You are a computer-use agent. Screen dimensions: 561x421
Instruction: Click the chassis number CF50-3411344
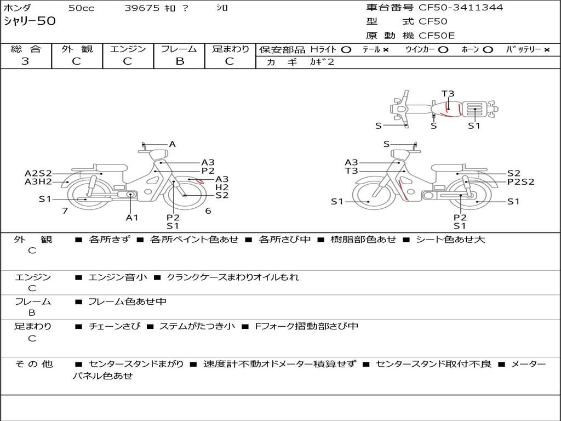point(461,8)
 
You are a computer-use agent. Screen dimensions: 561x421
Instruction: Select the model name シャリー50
point(30,21)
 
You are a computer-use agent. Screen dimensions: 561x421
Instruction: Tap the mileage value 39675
point(142,8)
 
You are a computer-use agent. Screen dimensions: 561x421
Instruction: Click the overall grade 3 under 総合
point(25,61)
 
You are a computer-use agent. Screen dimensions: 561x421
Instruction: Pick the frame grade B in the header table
point(180,61)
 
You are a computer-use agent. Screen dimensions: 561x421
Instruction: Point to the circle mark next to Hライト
point(346,50)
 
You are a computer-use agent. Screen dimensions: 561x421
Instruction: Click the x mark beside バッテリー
point(547,50)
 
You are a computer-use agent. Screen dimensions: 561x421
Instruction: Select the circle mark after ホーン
point(488,50)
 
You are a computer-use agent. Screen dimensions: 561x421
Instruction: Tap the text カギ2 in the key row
point(322,62)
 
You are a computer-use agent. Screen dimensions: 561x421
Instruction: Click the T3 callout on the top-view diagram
point(448,94)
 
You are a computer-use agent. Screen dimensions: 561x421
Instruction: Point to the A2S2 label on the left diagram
point(38,174)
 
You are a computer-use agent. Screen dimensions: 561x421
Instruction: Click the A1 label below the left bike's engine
point(131,217)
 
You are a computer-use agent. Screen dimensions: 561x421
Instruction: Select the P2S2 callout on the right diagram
point(520,182)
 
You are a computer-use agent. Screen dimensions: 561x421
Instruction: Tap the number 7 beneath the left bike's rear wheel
point(65,211)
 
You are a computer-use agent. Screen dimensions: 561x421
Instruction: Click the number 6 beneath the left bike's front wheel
point(208,211)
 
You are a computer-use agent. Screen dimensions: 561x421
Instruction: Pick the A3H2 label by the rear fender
point(38,182)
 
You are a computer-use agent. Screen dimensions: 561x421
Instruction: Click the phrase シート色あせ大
point(450,239)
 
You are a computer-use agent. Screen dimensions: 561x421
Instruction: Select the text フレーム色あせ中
point(127,302)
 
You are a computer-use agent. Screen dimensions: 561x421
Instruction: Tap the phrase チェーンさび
point(115,326)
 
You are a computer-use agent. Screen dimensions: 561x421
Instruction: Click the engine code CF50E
point(437,36)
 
